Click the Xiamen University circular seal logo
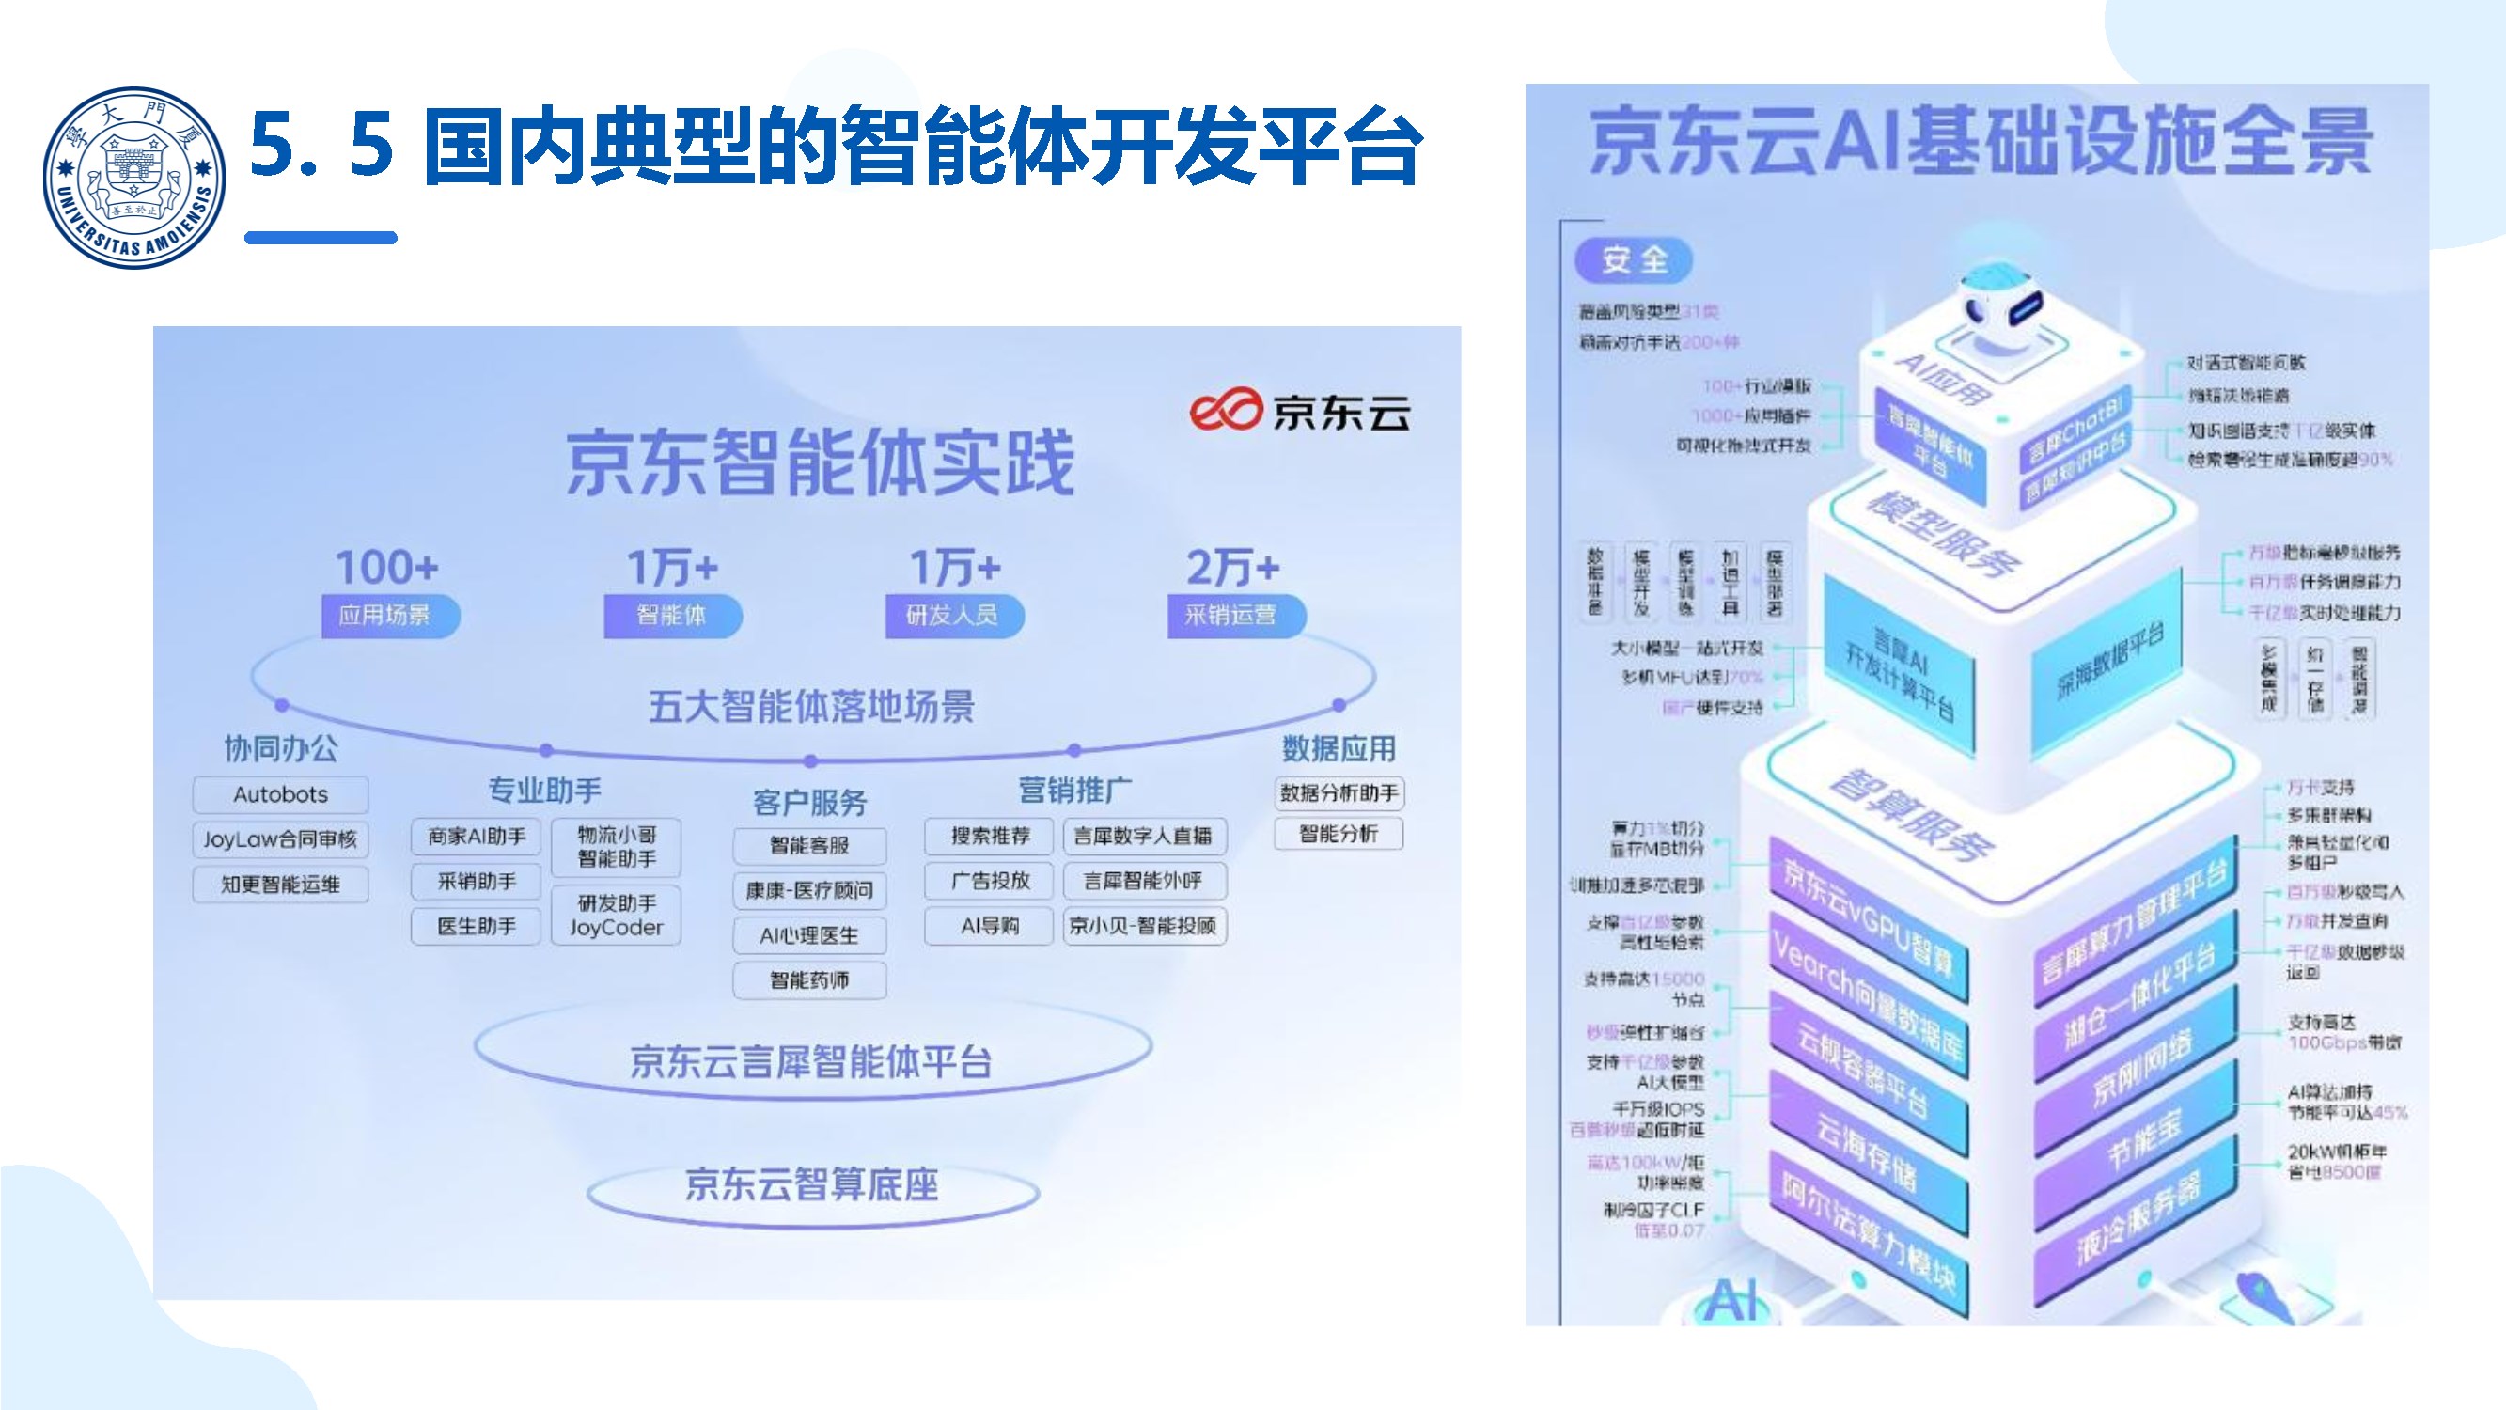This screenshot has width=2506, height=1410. (x=134, y=177)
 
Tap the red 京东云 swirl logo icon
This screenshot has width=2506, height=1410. (x=1225, y=410)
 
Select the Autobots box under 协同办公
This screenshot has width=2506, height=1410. (x=280, y=794)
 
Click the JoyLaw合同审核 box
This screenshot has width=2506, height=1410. (x=280, y=838)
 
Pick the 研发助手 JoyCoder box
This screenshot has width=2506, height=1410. (x=616, y=915)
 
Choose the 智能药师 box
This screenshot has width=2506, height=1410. (x=809, y=979)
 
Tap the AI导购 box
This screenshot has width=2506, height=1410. (x=990, y=925)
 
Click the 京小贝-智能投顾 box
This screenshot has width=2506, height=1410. (x=1143, y=925)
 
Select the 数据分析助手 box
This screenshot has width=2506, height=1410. (x=1339, y=793)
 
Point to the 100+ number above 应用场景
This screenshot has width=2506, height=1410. (x=387, y=568)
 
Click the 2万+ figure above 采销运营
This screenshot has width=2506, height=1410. (x=1232, y=568)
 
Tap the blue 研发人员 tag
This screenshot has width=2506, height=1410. (x=953, y=615)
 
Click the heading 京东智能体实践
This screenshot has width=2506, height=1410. (x=820, y=463)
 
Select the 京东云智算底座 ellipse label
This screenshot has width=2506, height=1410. (x=812, y=1185)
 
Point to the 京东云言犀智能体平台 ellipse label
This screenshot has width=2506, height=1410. (x=811, y=1061)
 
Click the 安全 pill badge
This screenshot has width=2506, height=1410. (x=1635, y=259)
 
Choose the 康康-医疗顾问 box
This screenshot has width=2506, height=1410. (x=809, y=890)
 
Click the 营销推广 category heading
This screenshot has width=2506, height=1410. (x=1074, y=791)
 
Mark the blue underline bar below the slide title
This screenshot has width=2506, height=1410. (x=321, y=238)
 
